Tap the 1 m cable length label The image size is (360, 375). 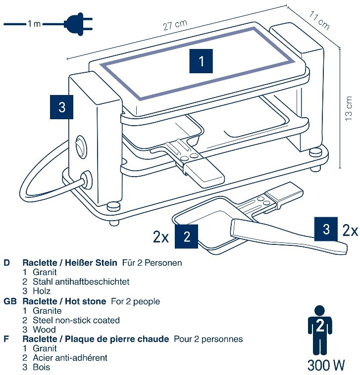34,24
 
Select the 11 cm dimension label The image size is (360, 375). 319,21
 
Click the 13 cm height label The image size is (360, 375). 349,108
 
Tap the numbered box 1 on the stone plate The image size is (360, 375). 201,61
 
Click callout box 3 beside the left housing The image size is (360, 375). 61,107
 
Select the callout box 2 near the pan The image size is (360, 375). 187,236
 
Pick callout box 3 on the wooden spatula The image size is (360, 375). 326,229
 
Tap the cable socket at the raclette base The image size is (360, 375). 86,180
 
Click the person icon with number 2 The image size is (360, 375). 320,330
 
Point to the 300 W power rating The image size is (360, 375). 326,365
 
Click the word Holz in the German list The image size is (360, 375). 42,291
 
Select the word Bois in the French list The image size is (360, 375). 42,367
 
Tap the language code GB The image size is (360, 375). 10,301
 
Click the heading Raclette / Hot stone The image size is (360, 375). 64,301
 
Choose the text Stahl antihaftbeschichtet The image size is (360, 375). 81,281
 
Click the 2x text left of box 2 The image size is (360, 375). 161,237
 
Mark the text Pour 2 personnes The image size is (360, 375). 208,339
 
